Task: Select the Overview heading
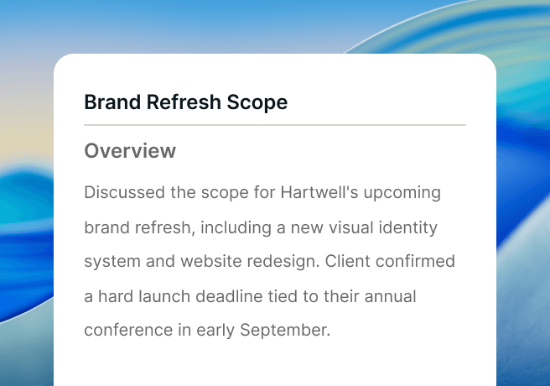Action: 130,151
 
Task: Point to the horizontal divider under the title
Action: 275,124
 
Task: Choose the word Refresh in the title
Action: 184,102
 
